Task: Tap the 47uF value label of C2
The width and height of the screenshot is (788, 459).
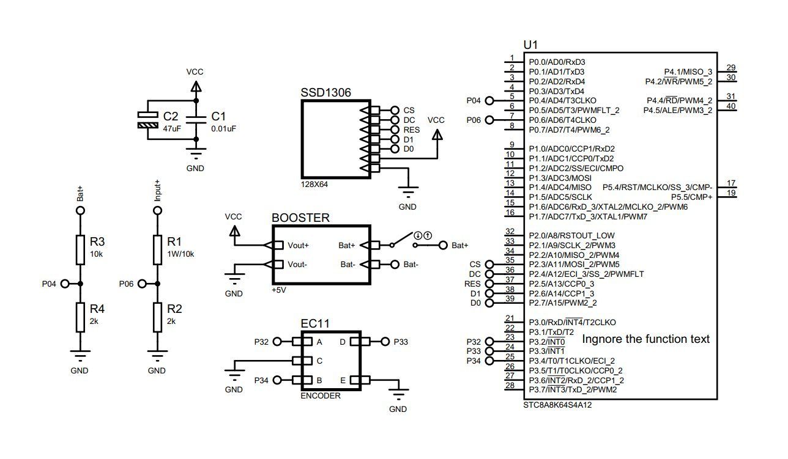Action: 172,129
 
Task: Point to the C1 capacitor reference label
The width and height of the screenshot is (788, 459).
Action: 218,116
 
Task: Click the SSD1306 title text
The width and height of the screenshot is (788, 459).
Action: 326,92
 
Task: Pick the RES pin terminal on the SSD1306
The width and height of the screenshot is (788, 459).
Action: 394,130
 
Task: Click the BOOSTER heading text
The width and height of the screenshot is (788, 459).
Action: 300,218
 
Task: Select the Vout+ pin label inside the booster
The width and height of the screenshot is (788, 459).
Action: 299,246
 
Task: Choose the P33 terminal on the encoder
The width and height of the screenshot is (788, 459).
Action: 385,342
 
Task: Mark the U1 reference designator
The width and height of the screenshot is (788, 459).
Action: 530,45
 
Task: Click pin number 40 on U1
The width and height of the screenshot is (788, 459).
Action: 730,106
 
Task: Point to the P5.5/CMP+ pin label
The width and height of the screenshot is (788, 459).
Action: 691,197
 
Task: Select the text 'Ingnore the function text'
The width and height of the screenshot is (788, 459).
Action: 645,339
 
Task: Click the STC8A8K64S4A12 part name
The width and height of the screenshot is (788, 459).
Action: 557,405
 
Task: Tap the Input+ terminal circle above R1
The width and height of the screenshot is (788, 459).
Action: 157,210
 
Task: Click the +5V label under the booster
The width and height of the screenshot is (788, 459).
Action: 278,290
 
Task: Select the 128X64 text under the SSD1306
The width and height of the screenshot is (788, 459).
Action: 314,184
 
